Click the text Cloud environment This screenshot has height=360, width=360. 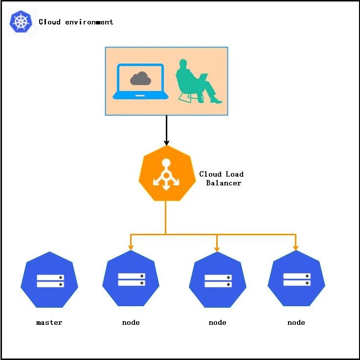[76, 22]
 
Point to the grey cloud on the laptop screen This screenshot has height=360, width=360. [140, 78]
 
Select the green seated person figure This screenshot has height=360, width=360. [196, 81]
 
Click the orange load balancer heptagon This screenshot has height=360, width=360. [166, 173]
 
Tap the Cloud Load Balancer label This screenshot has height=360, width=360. [222, 179]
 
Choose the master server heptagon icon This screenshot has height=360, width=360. [49, 280]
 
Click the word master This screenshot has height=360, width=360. [49, 323]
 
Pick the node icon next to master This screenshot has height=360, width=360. [131, 279]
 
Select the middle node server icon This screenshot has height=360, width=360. [218, 280]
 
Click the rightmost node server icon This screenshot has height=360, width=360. [296, 279]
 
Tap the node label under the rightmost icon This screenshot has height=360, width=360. [296, 323]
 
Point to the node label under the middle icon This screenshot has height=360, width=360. [218, 323]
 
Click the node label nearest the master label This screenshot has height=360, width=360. [131, 323]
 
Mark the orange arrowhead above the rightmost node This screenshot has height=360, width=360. [296, 247]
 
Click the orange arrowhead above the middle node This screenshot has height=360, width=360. [217, 247]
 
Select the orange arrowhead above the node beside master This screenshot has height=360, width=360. [131, 247]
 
